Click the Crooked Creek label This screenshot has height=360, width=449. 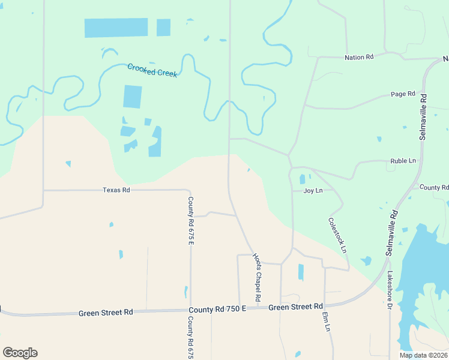click(x=152, y=70)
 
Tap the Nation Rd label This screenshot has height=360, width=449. click(x=359, y=57)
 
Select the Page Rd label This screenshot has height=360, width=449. click(x=403, y=94)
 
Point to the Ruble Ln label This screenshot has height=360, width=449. click(x=403, y=161)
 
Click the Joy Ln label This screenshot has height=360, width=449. click(x=313, y=191)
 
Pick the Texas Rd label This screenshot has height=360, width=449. click(x=116, y=190)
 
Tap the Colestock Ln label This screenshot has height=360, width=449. click(x=337, y=234)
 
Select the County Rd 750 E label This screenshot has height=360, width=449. click(x=217, y=309)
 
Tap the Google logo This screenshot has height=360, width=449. click(x=20, y=352)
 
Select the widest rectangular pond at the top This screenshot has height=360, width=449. click(x=116, y=28)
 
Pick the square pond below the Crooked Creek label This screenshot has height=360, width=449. click(x=133, y=97)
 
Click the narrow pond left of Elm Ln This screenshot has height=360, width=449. click(x=301, y=272)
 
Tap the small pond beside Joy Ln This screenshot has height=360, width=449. click(x=302, y=179)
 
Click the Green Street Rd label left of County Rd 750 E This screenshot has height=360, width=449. click(x=106, y=313)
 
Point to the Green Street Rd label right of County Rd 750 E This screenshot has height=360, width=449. click(x=295, y=307)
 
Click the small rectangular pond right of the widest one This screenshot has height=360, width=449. click(x=163, y=28)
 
